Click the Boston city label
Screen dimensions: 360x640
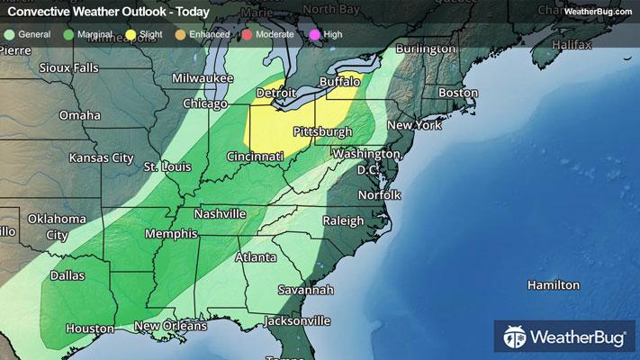(x=457, y=94)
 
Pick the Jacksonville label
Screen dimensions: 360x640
(x=297, y=320)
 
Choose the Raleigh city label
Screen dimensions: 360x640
(x=344, y=220)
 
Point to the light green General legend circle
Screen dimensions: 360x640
(x=9, y=34)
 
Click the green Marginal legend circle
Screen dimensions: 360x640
(x=70, y=34)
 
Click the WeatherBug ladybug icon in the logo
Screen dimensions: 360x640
(x=515, y=338)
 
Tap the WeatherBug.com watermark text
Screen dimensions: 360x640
(x=596, y=10)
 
